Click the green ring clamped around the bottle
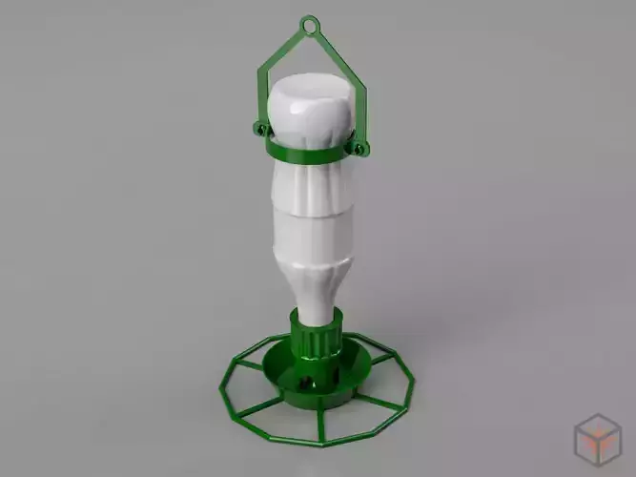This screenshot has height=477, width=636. [305, 151]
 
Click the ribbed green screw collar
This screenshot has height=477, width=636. [314, 339]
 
